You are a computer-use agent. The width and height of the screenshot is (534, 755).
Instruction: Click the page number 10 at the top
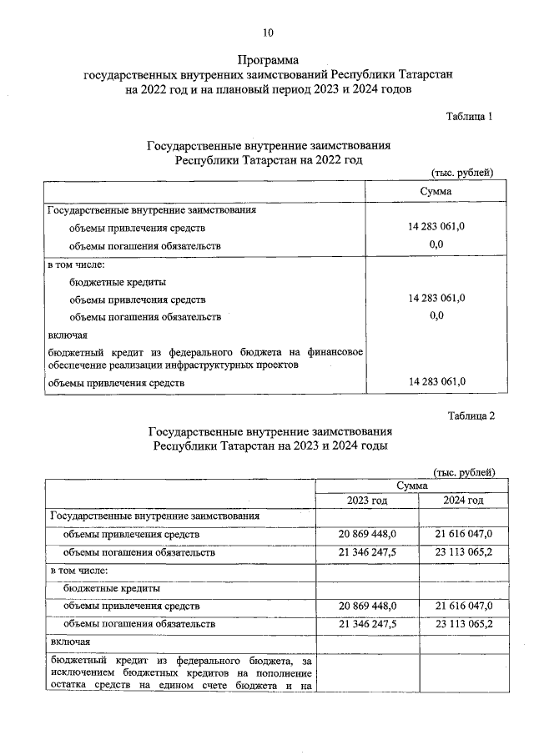[267, 33]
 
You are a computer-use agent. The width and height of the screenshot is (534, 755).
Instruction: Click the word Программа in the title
[267, 60]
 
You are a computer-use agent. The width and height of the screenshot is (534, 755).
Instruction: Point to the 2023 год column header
[367, 500]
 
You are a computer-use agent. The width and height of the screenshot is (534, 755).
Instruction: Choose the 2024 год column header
[464, 500]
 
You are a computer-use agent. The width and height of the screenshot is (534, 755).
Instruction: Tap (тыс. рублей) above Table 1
[462, 173]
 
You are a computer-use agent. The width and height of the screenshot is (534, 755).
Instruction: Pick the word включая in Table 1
[63, 335]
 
